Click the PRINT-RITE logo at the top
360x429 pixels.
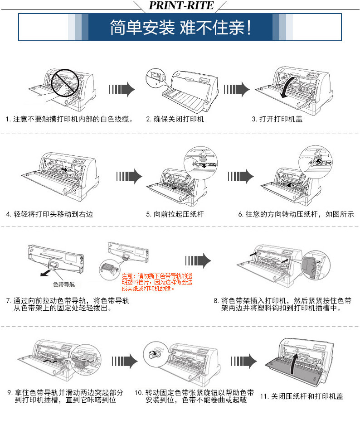pos(181,5)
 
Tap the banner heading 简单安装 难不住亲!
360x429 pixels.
pos(180,27)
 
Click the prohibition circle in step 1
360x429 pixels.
pos(65,82)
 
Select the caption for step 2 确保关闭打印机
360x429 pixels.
pos(175,119)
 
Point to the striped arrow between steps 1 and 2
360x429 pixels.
pos(122,89)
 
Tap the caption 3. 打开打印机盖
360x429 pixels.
pos(277,119)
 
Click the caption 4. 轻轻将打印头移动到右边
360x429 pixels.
pos(49,214)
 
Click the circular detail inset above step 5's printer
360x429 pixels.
pos(201,163)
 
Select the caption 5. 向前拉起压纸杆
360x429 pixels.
pos(175,214)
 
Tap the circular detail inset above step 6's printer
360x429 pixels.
pos(315,162)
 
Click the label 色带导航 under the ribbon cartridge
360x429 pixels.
pos(64,284)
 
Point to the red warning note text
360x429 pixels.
pos(157,282)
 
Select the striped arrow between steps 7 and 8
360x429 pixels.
pos(198,260)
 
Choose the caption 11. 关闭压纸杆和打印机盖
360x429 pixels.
pos(302,396)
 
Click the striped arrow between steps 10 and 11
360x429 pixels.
pos(244,361)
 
